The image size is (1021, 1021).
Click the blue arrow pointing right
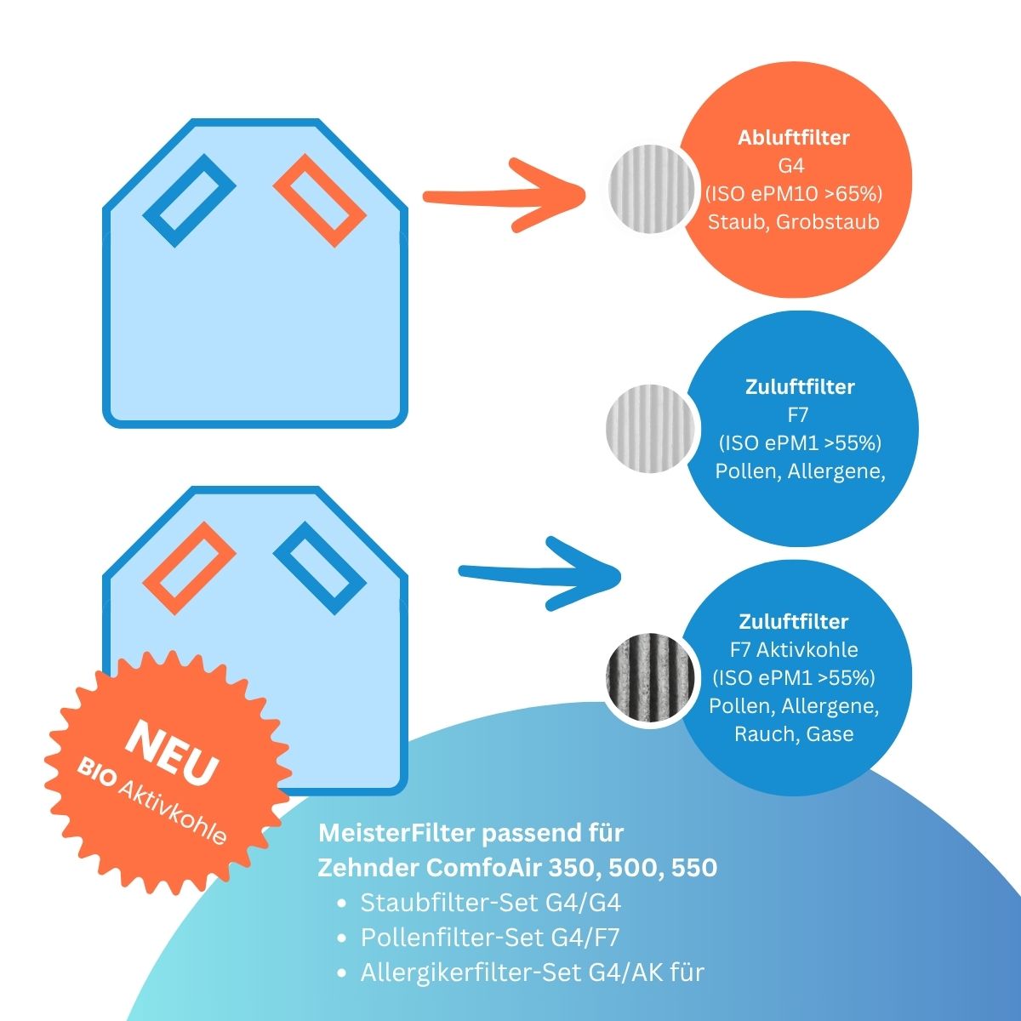click(540, 574)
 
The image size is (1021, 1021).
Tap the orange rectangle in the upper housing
click(317, 202)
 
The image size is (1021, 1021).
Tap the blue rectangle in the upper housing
click(189, 200)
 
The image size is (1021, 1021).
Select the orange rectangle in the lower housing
click(189, 568)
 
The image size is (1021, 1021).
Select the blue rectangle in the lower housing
click(319, 568)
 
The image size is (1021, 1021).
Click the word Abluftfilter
click(793, 138)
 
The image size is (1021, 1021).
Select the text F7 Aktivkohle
click(793, 650)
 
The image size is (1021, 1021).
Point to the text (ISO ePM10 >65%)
click(793, 194)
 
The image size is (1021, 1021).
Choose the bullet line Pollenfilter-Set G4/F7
click(489, 938)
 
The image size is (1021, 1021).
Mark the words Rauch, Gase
click(793, 733)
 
